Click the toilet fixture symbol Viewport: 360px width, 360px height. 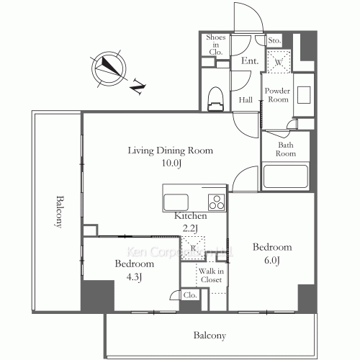click(x=215, y=99)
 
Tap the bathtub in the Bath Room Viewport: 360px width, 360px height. click(x=286, y=176)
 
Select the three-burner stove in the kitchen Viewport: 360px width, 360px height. click(x=217, y=202)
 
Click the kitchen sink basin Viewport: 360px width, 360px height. click(x=176, y=202)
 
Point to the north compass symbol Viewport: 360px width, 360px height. click(x=109, y=68)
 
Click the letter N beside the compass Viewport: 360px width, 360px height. click(x=138, y=86)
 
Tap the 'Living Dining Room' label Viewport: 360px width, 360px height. click(x=171, y=150)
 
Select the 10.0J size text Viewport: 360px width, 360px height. click(x=171, y=163)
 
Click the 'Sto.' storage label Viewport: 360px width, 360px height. click(x=274, y=40)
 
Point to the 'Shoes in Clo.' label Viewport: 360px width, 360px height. click(x=216, y=45)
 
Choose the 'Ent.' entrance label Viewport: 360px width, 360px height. click(x=250, y=61)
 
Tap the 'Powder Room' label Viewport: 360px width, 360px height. click(x=277, y=95)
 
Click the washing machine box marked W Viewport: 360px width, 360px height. click(x=279, y=62)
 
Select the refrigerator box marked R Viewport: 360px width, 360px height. click(x=193, y=248)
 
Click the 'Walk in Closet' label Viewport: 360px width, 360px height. click(x=211, y=275)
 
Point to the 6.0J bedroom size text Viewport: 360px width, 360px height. click(x=272, y=261)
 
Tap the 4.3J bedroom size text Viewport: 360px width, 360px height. click(x=134, y=277)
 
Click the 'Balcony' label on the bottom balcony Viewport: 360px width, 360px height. click(x=210, y=336)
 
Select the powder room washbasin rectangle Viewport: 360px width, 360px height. click(x=304, y=95)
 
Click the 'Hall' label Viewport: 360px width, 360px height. click(x=246, y=99)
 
